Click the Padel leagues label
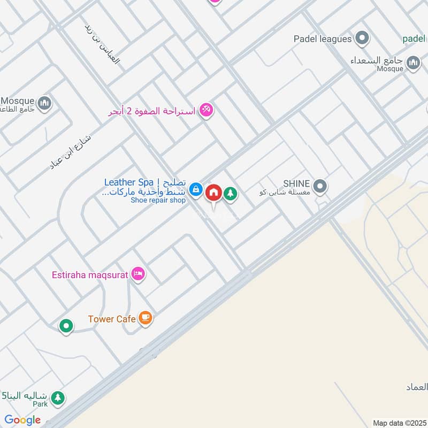[323, 39]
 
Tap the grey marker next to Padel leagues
[363, 39]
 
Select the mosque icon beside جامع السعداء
[413, 64]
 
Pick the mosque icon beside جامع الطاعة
[44, 102]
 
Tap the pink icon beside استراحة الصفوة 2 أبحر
[206, 110]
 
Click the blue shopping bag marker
[196, 189]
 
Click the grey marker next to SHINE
[320, 187]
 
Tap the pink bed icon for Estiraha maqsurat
[139, 274]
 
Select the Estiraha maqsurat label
[90, 276]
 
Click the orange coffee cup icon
[144, 318]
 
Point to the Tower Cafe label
[109, 319]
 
